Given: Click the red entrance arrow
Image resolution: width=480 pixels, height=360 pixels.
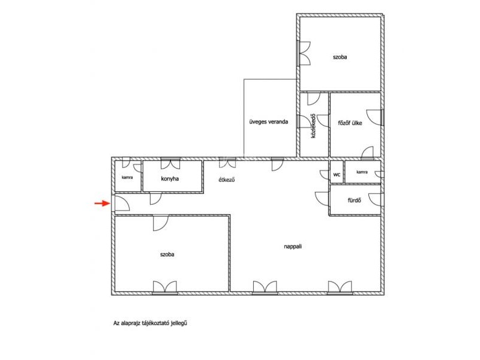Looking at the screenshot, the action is (102, 203).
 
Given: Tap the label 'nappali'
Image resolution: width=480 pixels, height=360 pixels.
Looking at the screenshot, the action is (293, 246).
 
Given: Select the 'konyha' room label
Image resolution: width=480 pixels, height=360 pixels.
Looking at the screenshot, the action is (170, 178).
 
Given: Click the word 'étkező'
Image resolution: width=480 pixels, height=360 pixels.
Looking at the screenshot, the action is (227, 179).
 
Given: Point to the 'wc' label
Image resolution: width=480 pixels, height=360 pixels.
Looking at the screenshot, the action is (337, 175).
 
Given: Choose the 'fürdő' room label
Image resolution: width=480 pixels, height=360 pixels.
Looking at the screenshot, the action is (355, 200).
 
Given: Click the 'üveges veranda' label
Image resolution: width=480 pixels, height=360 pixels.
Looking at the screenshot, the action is (268, 122).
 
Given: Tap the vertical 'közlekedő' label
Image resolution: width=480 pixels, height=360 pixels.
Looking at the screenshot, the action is (313, 126).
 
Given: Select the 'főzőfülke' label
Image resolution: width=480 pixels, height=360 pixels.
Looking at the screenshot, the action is (350, 123).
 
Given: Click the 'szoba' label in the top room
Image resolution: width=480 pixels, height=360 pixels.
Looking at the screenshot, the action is (340, 57).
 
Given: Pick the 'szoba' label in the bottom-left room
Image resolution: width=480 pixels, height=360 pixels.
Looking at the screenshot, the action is (167, 254).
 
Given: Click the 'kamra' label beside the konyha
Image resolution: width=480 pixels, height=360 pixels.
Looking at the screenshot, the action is (127, 177).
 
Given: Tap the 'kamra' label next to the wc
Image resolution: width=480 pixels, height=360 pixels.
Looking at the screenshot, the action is (362, 172).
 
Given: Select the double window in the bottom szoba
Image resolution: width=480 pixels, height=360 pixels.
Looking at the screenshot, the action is (165, 288).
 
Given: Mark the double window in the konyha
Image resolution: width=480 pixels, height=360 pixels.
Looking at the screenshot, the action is (170, 163).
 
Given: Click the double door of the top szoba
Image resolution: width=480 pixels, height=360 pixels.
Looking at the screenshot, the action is (304, 53).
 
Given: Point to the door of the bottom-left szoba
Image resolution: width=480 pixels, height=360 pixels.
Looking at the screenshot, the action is (161, 223).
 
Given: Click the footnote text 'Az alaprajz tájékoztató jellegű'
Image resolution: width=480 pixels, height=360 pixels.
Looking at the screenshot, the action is (150, 323).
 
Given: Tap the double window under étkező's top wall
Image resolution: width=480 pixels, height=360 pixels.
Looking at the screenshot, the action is (227, 163).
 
